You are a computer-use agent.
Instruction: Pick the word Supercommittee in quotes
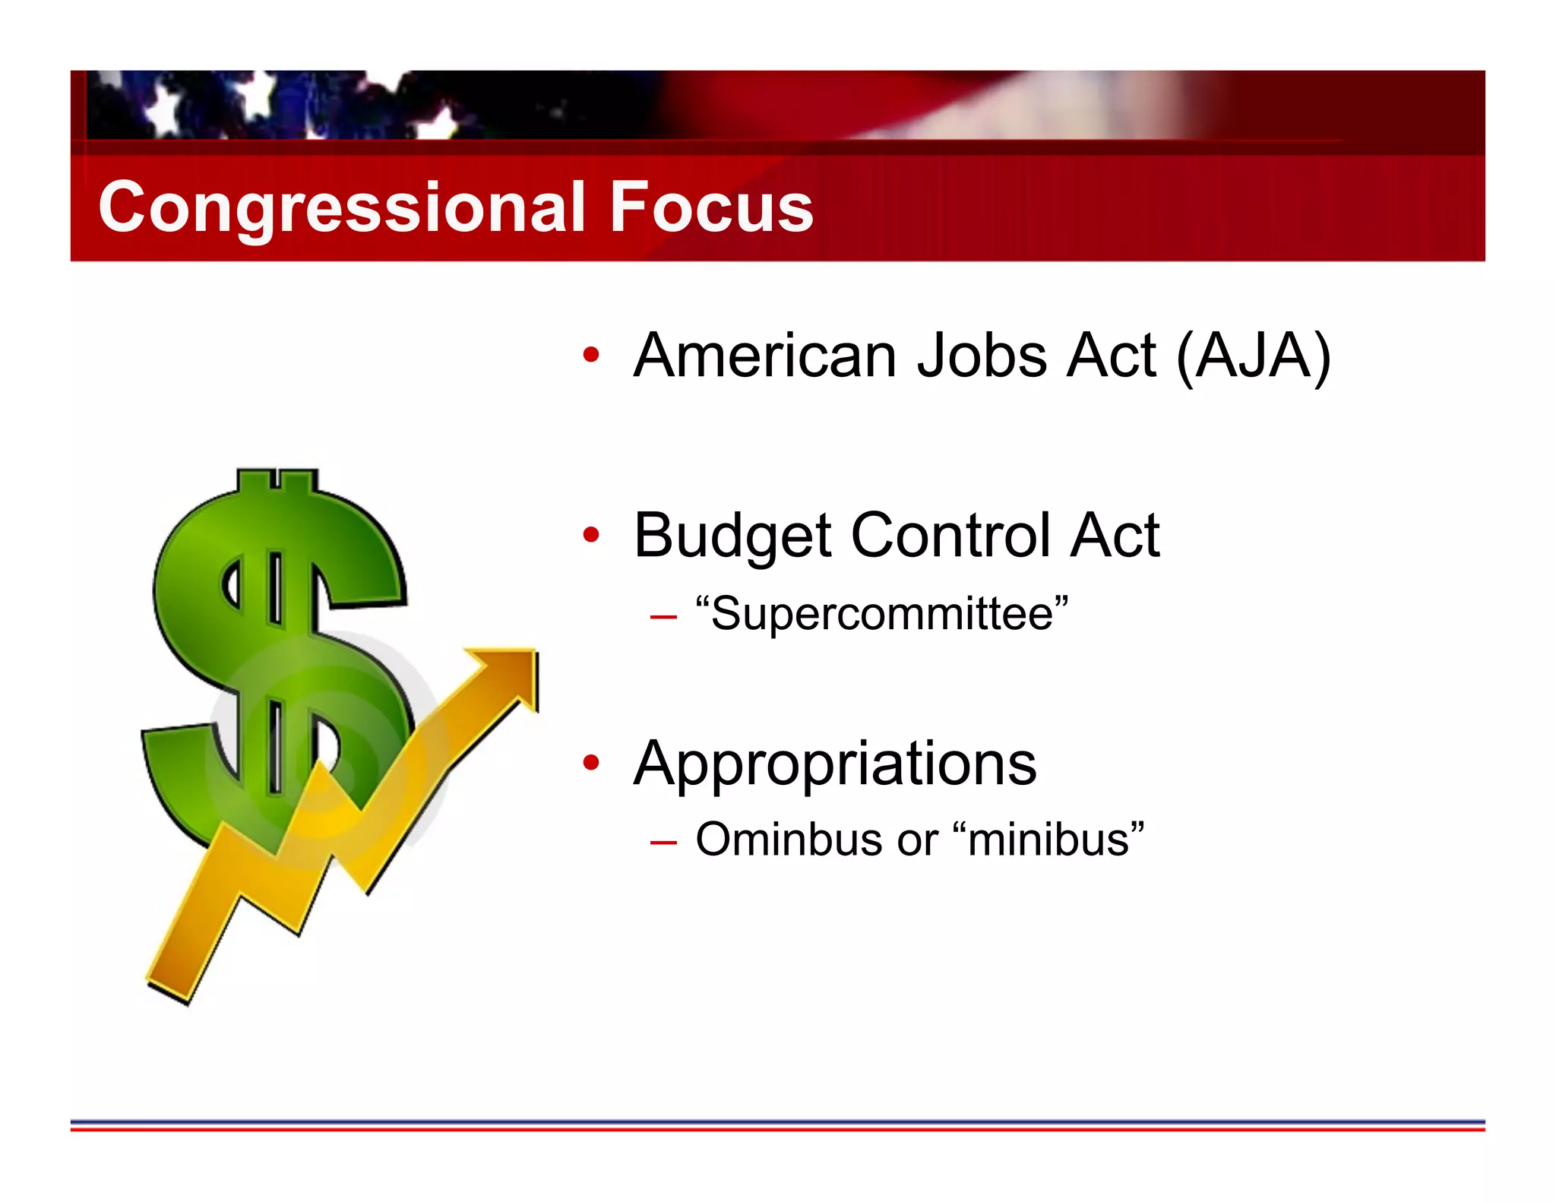(882, 613)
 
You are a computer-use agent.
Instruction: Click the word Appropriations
(835, 764)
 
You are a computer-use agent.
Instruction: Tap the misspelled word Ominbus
(789, 840)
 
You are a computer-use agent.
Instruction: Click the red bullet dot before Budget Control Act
(591, 535)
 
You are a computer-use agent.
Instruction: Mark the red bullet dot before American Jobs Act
(591, 354)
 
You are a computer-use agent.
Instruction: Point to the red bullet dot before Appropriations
(591, 762)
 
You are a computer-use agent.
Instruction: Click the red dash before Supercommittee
(663, 617)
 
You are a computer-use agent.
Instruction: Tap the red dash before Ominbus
(663, 843)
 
